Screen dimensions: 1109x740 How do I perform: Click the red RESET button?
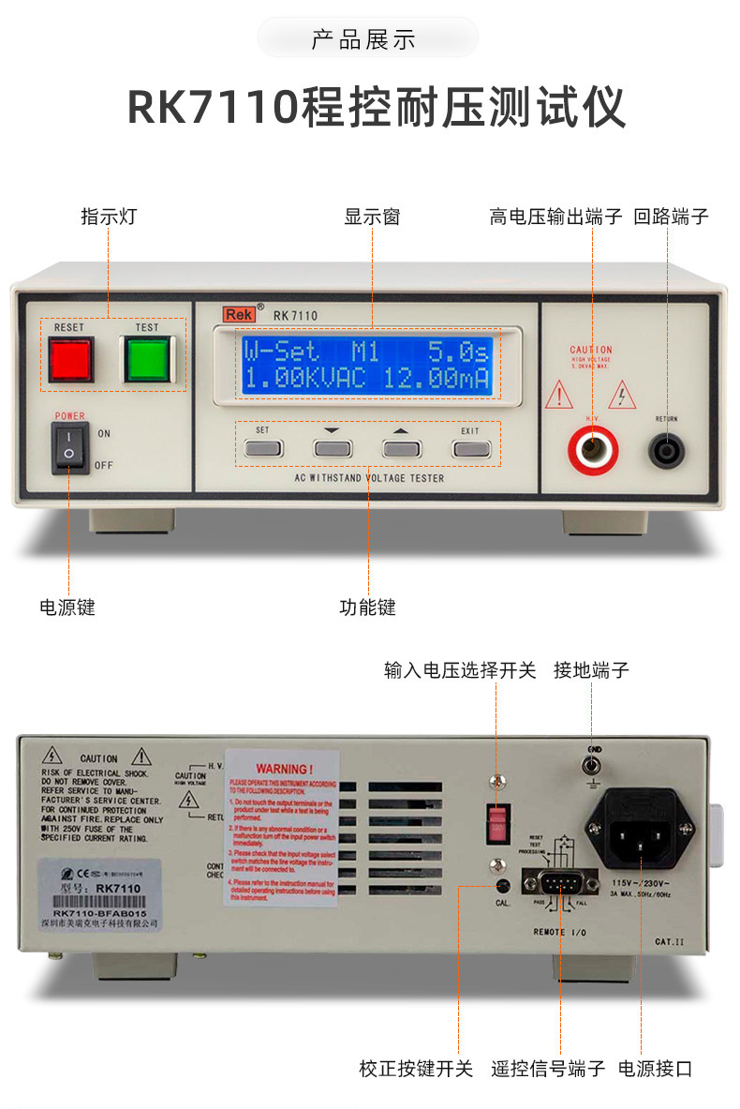tap(71, 360)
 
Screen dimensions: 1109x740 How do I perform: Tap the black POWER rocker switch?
tap(70, 447)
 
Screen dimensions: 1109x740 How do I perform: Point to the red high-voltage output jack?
tap(593, 450)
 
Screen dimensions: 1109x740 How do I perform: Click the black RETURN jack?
tap(666, 450)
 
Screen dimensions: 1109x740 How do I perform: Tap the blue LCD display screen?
tap(367, 366)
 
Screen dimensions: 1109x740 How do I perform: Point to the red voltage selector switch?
tap(498, 822)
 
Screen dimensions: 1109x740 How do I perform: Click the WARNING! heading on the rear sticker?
tap(282, 769)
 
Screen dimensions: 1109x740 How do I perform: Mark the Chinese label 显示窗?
tap(372, 217)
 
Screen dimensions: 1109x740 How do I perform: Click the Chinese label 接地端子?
tap(591, 670)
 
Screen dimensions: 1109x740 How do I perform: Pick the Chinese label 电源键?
tap(67, 607)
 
